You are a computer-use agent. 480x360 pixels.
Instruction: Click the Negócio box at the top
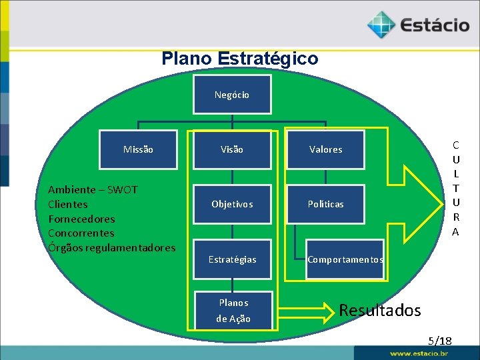232,95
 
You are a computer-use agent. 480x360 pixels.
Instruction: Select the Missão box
138,149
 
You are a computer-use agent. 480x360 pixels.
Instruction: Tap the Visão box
232,149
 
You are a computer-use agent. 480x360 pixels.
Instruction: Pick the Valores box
325,149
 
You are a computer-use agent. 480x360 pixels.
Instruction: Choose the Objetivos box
232,204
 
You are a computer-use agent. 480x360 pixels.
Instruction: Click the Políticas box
325,204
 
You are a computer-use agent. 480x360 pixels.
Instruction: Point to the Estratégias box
232,259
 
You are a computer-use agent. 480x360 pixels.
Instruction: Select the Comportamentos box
345,259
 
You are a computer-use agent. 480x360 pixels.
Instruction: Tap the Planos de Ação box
233,310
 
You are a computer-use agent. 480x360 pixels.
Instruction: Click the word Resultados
380,310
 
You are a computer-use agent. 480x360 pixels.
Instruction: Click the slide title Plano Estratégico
239,59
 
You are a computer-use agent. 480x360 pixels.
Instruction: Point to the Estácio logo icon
381,25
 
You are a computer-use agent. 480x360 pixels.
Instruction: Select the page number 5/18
440,341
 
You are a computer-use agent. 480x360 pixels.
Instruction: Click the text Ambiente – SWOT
93,189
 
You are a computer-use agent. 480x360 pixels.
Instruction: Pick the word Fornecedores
81,219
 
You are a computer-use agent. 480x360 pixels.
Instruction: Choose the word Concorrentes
81,233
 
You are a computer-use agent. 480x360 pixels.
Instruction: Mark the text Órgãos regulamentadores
111,248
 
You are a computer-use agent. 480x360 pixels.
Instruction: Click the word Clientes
67,204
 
